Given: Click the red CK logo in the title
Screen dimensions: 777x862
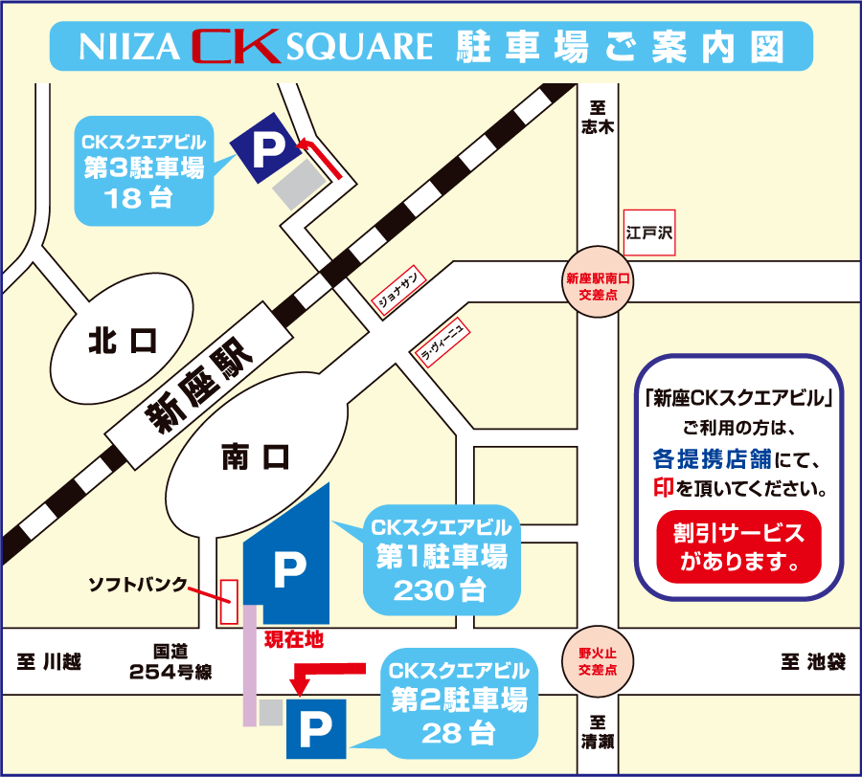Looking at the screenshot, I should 235,45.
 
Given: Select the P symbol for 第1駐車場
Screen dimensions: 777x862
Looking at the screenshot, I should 288,569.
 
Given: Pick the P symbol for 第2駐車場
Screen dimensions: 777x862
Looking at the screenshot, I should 315,732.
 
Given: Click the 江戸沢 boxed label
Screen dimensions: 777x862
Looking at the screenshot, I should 649,233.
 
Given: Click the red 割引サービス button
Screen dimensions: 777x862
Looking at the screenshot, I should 738,547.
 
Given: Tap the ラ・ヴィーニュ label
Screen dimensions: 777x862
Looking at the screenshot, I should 442,342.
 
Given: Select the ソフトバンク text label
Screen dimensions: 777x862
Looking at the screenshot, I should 137,583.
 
